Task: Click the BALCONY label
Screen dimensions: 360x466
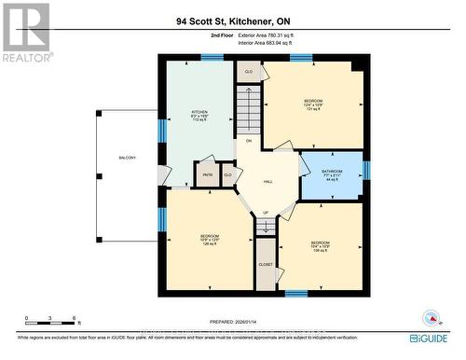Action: pyautogui.click(x=127, y=158)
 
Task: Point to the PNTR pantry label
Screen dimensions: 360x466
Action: pyautogui.click(x=207, y=174)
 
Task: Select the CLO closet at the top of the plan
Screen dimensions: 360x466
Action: pyautogui.click(x=249, y=72)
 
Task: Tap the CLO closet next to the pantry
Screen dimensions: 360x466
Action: pyautogui.click(x=227, y=174)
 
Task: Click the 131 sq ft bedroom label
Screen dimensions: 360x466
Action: pyautogui.click(x=313, y=104)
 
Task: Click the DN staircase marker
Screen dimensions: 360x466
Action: pyautogui.click(x=249, y=141)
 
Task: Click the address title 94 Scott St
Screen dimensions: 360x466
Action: pyautogui.click(x=233, y=21)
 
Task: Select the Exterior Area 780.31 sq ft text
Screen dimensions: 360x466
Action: pyautogui.click(x=272, y=36)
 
